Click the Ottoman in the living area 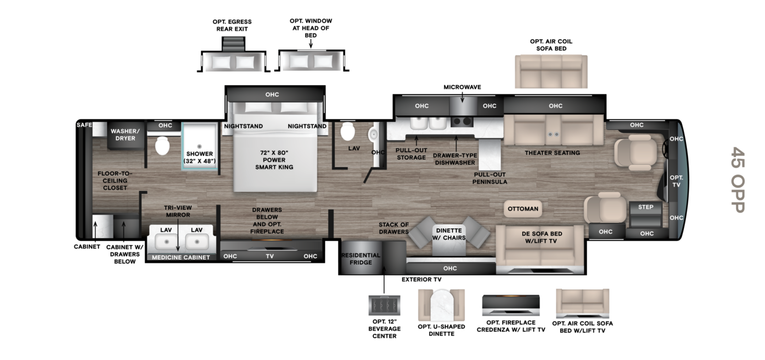(x=523, y=209)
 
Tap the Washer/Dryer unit (x=125, y=135)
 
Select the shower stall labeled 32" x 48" (x=199, y=146)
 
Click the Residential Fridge (x=362, y=257)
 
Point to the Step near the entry (x=646, y=214)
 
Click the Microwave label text (x=462, y=87)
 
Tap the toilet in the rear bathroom (x=162, y=146)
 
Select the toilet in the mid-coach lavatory (x=347, y=131)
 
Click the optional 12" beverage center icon (x=384, y=305)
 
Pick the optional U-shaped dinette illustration (x=441, y=305)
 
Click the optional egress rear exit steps (x=233, y=44)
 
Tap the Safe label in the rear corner (x=84, y=125)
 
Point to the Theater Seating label (x=552, y=153)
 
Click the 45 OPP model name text (x=738, y=179)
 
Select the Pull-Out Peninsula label (x=489, y=178)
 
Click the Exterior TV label (x=421, y=279)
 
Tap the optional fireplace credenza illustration (x=511, y=305)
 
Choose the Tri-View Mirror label (x=178, y=211)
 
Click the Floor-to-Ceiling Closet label (x=115, y=181)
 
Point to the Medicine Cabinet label (x=181, y=257)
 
